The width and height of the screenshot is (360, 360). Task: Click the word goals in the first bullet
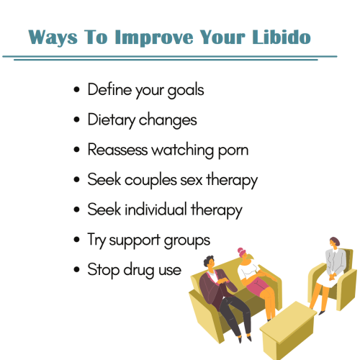(184, 90)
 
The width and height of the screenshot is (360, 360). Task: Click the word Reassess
(122, 150)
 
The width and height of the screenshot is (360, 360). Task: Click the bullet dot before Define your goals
(78, 91)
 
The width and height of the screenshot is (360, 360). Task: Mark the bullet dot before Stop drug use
(78, 271)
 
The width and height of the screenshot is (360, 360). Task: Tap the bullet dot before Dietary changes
(78, 120)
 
